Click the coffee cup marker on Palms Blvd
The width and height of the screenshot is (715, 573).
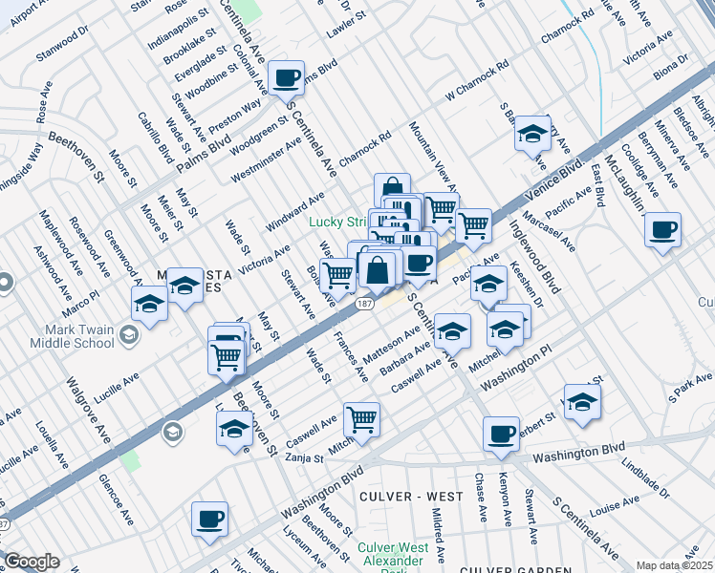(286, 77)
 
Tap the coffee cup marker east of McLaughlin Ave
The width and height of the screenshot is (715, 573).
(662, 230)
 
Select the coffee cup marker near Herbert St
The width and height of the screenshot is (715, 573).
(501, 435)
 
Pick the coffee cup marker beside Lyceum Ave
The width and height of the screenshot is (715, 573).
(209, 520)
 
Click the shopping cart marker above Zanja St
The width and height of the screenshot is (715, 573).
(361, 419)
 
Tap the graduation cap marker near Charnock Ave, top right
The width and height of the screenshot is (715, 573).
(532, 135)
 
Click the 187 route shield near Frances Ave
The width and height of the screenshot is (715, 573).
(365, 303)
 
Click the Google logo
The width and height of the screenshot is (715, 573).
(32, 562)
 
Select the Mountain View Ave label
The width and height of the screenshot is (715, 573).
(429, 153)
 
